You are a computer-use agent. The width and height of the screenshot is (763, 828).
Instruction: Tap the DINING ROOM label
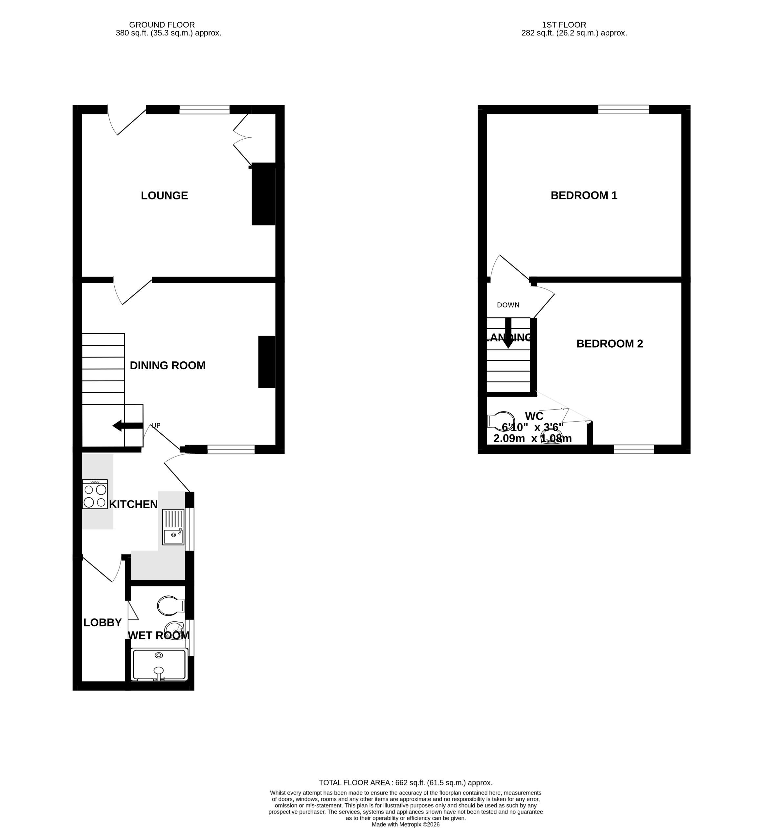tap(167, 365)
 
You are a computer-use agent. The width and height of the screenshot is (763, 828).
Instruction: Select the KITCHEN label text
tap(133, 504)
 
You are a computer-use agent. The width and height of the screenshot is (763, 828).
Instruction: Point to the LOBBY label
tap(102, 622)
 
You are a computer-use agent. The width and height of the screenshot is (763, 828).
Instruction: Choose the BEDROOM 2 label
tap(609, 344)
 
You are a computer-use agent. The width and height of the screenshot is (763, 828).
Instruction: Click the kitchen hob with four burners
tap(95, 494)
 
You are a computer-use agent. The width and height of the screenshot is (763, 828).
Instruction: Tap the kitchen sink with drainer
tap(173, 527)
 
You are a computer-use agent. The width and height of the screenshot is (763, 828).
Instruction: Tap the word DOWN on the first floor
tap(508, 305)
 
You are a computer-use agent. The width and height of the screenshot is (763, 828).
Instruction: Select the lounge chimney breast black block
tap(263, 194)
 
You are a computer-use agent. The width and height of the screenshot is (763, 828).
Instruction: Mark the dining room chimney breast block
tap(267, 362)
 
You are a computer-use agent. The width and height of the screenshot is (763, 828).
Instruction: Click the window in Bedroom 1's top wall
tap(623, 109)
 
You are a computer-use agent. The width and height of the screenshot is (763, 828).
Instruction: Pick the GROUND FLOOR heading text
tap(162, 25)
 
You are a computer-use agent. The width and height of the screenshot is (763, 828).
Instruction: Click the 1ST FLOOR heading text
tap(564, 25)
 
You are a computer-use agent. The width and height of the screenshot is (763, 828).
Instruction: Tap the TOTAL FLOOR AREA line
tap(405, 783)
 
